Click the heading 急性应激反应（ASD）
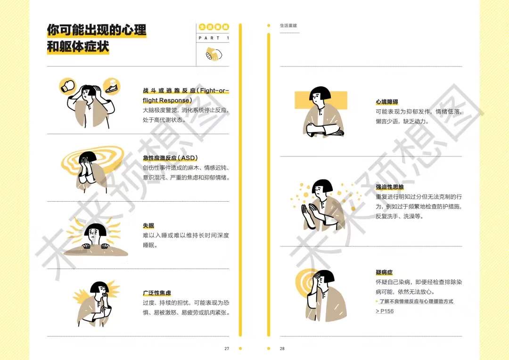pyautogui.click(x=170, y=158)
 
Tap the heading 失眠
pyautogui.click(x=148, y=226)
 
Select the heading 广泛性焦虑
pyautogui.click(x=157, y=293)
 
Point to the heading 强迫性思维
pyautogui.click(x=389, y=187)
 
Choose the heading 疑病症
pyautogui.click(x=384, y=272)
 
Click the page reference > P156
pyautogui.click(x=385, y=311)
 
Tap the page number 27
pyautogui.click(x=227, y=349)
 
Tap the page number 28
pyautogui.click(x=282, y=349)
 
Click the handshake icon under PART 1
pyautogui.click(x=213, y=54)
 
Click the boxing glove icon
pyautogui.click(x=67, y=86)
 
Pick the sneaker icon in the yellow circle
pyautogui.click(x=111, y=86)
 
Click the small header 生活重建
pyautogui.click(x=288, y=25)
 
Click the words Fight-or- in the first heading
pyautogui.click(x=214, y=90)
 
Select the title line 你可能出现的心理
pyautogui.click(x=96, y=30)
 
